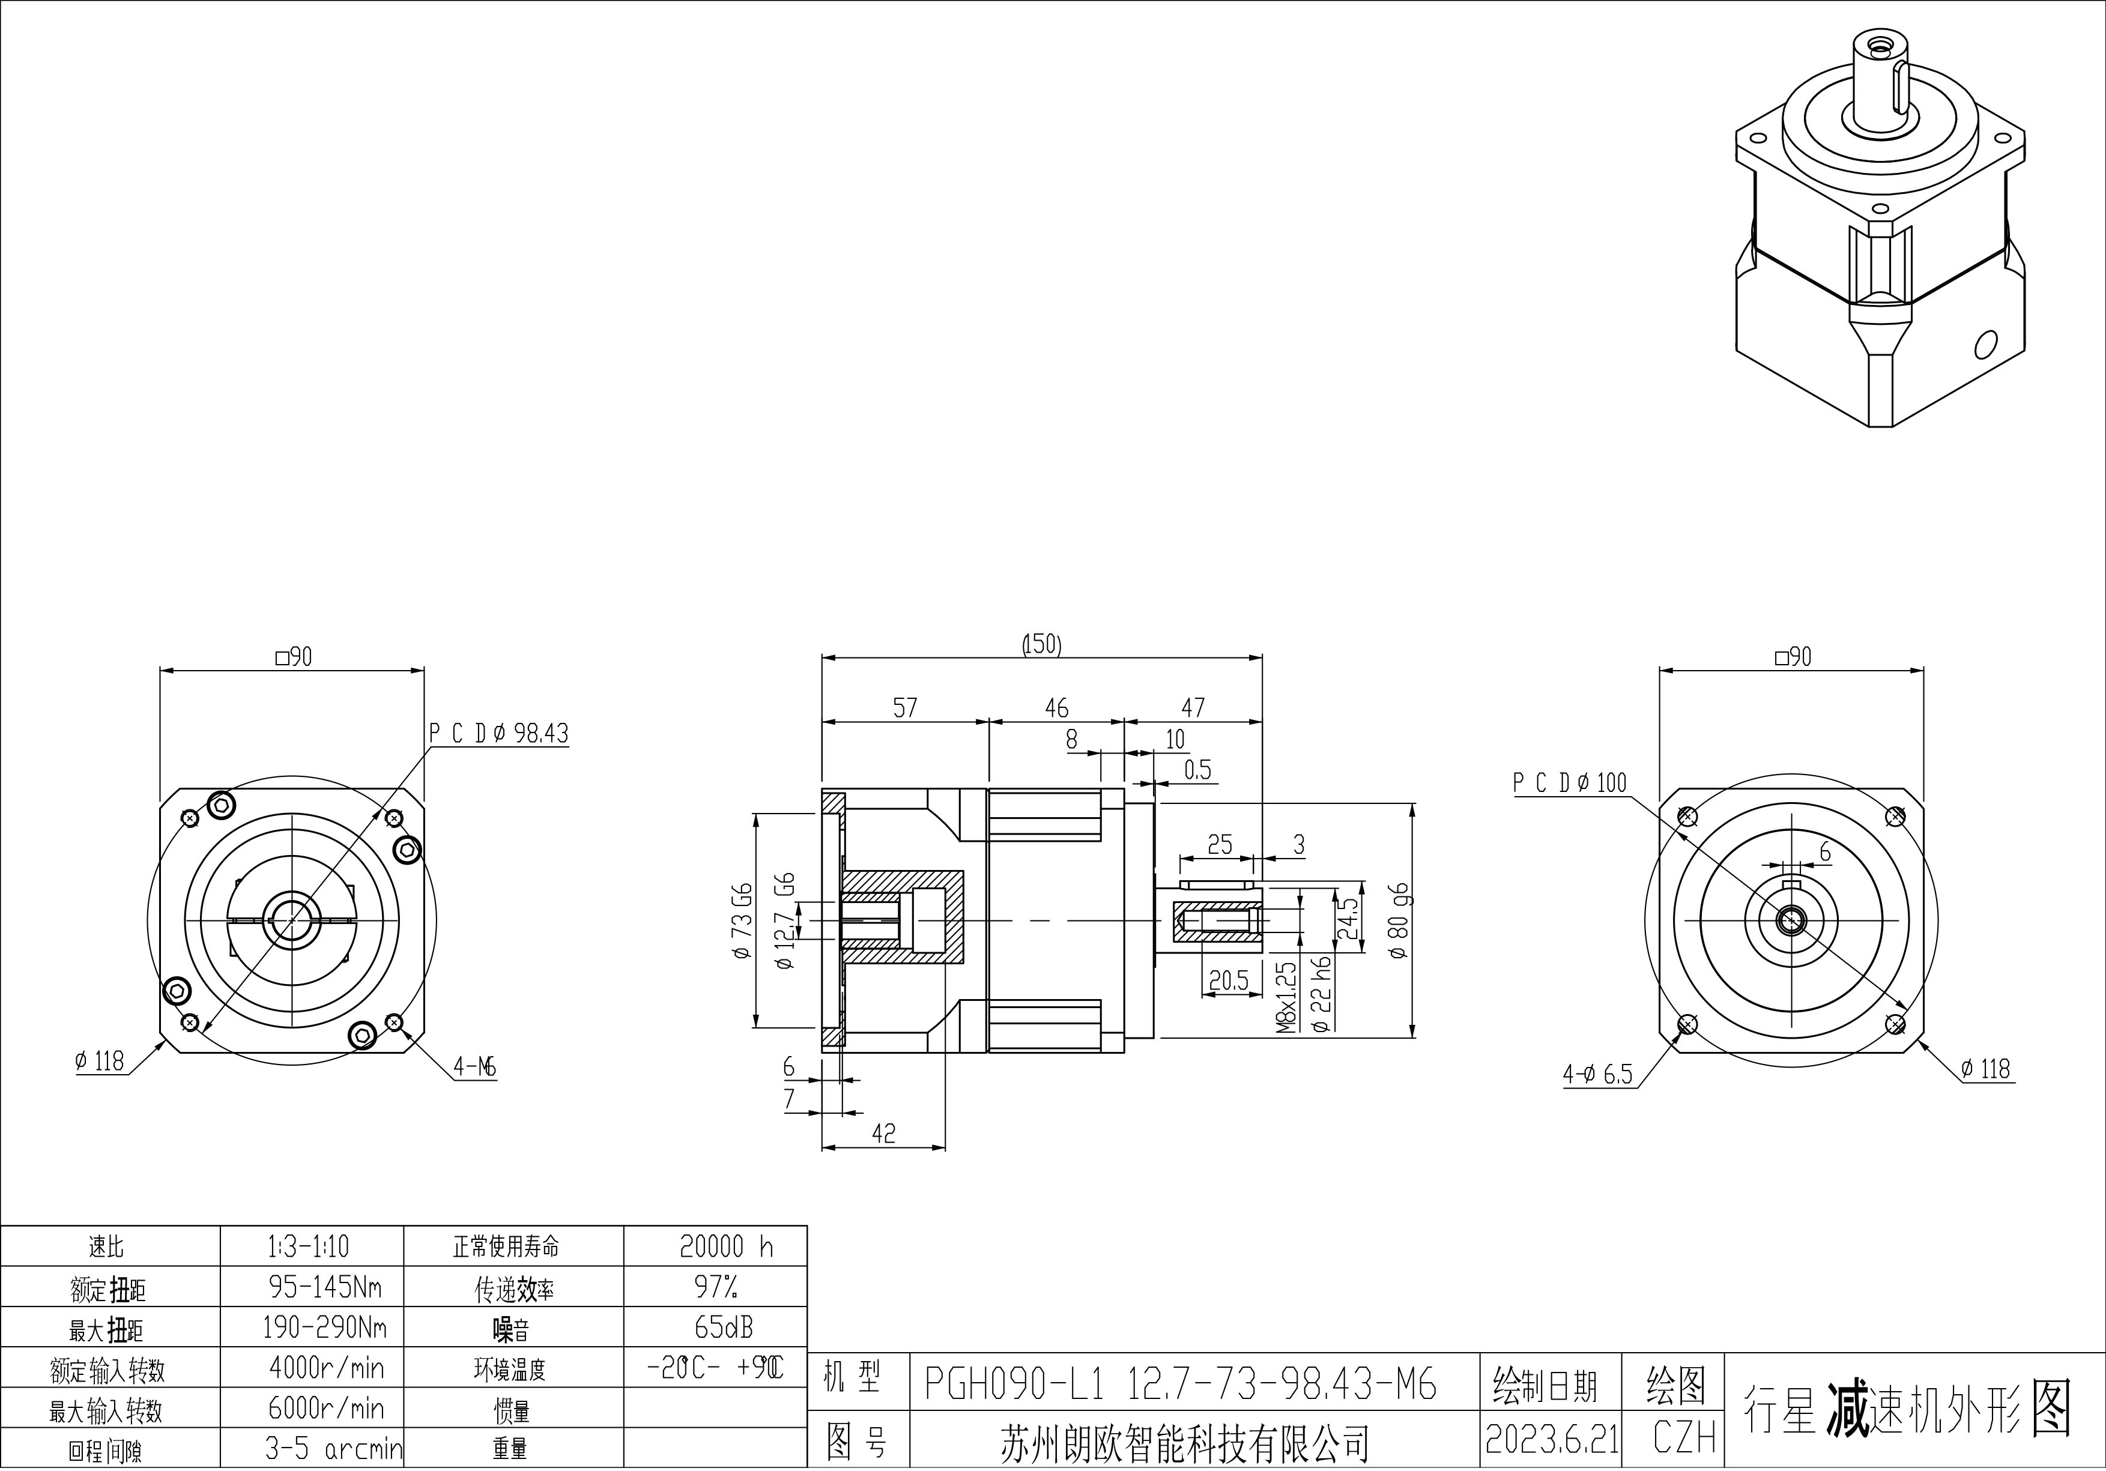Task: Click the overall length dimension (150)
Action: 1041,645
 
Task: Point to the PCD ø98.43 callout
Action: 499,734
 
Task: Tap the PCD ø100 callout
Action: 1569,782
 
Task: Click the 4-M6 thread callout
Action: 474,1066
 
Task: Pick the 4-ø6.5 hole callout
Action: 1598,1075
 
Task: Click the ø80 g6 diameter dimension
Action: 1399,921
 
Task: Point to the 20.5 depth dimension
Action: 1228,981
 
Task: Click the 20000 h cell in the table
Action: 725,1246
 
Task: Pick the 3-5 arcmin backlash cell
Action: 333,1448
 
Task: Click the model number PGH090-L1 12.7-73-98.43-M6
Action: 1179,1384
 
